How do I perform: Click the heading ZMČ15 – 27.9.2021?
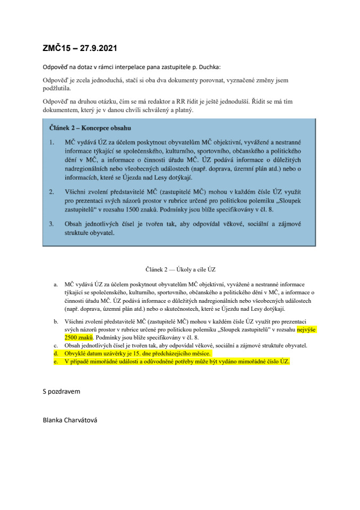[x=80, y=48]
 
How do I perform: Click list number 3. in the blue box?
[x=52, y=224]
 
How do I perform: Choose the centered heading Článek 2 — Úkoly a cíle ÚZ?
[x=179, y=270]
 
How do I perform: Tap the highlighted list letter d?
[x=56, y=353]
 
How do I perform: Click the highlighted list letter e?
[x=56, y=361]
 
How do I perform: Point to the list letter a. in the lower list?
[x=56, y=285]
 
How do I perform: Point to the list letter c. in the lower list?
[x=56, y=345]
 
